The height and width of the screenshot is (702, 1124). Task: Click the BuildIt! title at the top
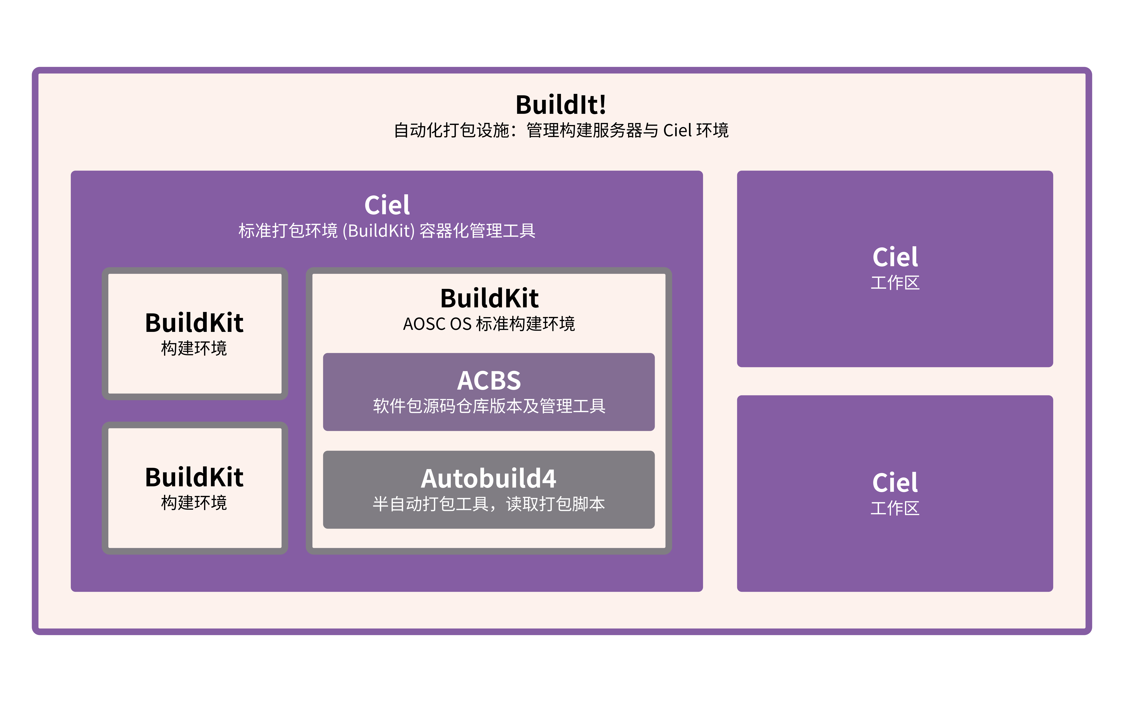pyautogui.click(x=561, y=105)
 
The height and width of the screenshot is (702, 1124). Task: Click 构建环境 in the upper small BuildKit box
pyautogui.click(x=194, y=348)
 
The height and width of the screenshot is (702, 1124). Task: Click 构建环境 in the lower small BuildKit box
pyautogui.click(x=194, y=503)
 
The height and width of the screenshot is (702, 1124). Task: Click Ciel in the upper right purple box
pyautogui.click(x=895, y=257)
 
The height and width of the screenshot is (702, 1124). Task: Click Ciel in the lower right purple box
pyautogui.click(x=895, y=483)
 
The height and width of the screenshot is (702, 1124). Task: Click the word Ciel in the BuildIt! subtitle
pyautogui.click(x=677, y=130)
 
